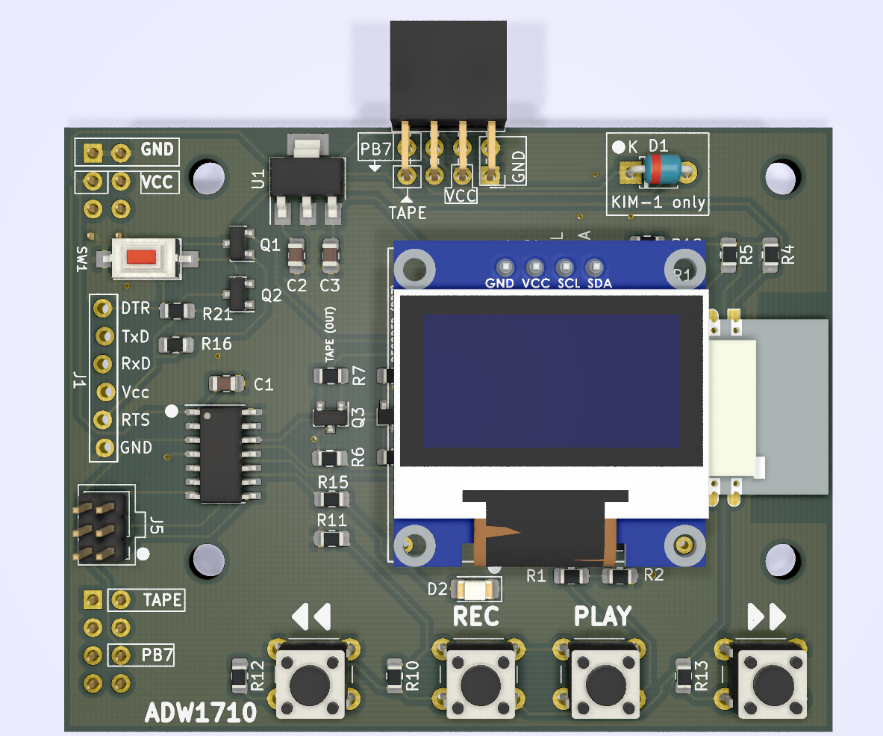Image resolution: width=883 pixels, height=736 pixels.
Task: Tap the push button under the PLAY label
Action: point(599,681)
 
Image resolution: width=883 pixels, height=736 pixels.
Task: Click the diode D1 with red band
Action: point(663,170)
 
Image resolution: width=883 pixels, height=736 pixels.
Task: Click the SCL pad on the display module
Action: point(564,267)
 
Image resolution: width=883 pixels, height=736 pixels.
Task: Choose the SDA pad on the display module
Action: point(594,267)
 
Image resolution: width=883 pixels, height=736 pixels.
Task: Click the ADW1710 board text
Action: point(201,713)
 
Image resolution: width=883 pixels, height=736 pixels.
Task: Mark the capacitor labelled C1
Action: point(227,384)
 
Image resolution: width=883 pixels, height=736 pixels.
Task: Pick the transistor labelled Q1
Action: point(238,244)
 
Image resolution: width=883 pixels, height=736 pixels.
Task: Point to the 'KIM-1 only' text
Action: point(657,202)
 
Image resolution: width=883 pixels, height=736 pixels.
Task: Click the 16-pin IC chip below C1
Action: point(221,454)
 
